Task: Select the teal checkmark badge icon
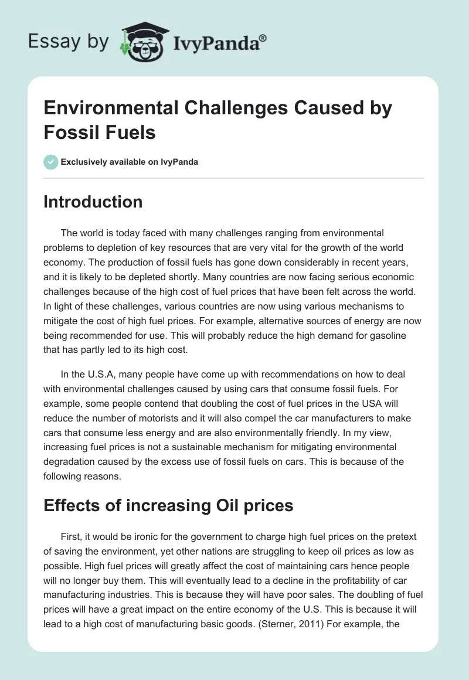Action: click(x=51, y=162)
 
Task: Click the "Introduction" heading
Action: click(x=93, y=202)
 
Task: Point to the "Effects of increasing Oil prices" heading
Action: click(x=168, y=505)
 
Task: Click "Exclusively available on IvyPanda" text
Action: click(x=130, y=162)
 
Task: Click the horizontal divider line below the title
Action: click(x=234, y=178)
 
